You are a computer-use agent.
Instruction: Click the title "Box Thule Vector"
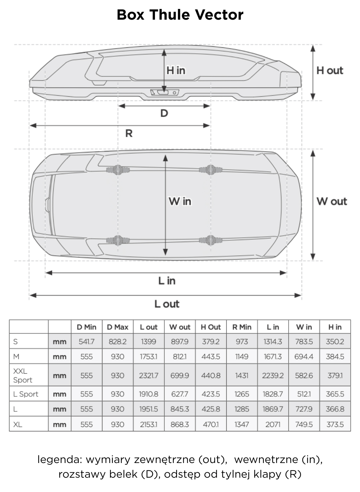tap(180, 15)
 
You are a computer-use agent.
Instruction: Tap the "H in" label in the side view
tap(176, 71)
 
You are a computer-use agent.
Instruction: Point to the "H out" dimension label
tap(330, 71)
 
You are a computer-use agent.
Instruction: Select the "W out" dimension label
tap(332, 201)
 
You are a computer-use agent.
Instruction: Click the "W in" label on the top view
tap(180, 201)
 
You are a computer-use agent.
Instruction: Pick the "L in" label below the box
tap(167, 281)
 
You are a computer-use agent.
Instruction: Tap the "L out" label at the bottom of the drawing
tap(167, 304)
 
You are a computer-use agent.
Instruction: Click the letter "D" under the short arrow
tap(164, 113)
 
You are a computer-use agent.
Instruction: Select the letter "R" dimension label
tap(129, 133)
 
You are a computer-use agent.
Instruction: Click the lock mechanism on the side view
tap(165, 92)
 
